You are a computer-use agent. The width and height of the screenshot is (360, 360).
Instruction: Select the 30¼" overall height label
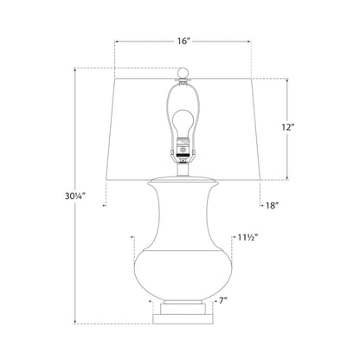(x=75, y=196)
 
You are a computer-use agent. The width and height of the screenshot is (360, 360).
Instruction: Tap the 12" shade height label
(x=287, y=127)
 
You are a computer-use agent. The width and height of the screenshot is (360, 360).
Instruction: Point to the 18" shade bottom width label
(x=273, y=205)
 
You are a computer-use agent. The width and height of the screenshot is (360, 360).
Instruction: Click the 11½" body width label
(x=247, y=238)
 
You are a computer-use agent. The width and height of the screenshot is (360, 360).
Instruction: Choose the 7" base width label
(x=222, y=301)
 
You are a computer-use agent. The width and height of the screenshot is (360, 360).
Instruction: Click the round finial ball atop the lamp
(x=183, y=73)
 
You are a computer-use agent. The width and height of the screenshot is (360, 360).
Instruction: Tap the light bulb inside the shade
(x=183, y=125)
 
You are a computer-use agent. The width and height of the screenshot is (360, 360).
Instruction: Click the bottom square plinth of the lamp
(x=183, y=318)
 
